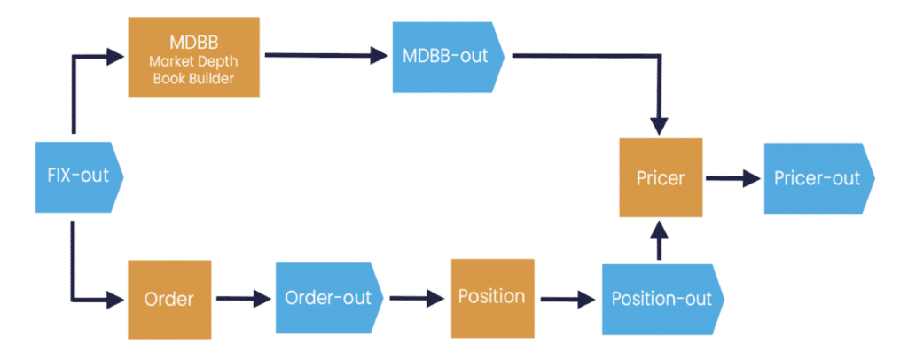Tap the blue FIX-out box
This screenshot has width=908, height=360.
coord(78,176)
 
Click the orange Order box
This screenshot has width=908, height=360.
coord(169,300)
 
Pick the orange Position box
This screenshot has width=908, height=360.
coord(492,296)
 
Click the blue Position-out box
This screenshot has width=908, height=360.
coord(661,299)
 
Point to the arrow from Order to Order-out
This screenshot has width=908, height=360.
coord(242,300)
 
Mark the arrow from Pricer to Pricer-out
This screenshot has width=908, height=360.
coord(733,177)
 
